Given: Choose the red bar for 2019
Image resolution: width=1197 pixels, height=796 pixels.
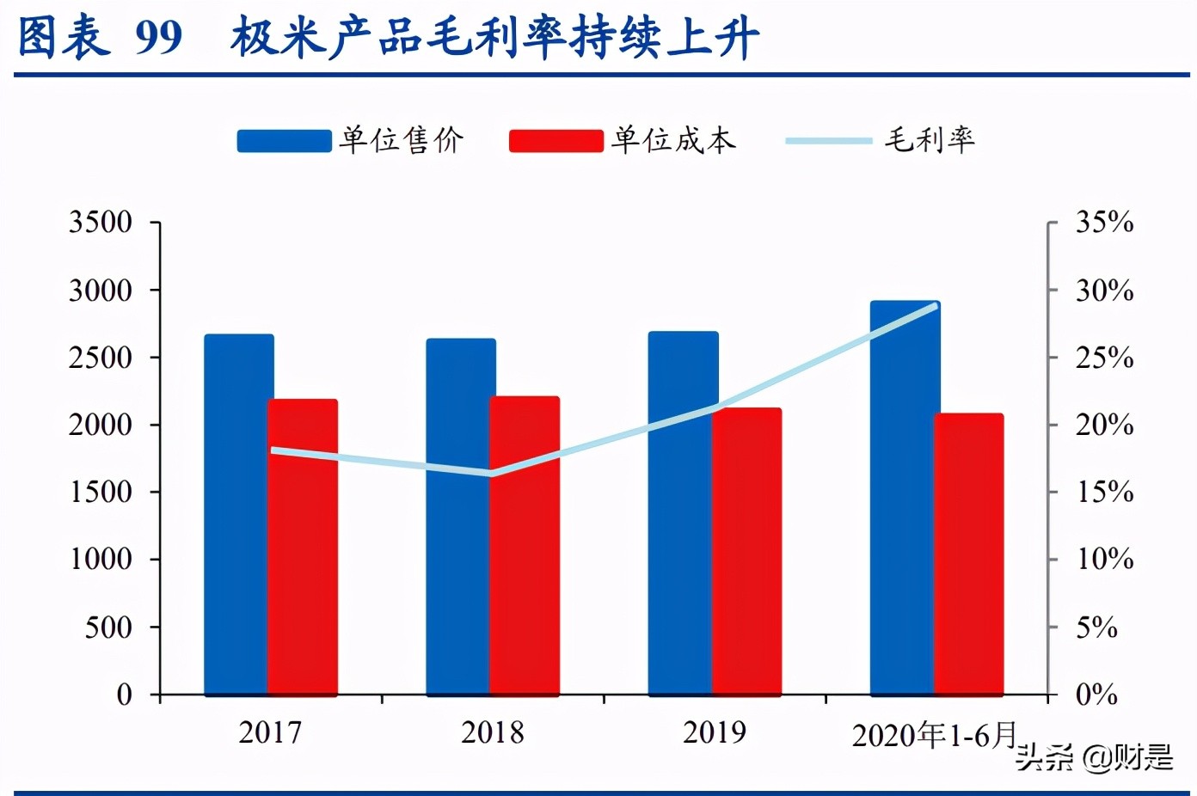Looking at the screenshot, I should click(746, 551).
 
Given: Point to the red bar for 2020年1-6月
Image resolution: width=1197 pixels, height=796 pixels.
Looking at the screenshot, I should click(969, 554).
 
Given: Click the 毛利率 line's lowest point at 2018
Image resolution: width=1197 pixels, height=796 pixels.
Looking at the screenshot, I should click(491, 473).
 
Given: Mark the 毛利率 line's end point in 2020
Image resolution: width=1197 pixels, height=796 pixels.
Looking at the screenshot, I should click(935, 306).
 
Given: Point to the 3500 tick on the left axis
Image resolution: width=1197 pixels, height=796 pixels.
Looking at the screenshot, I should click(101, 223).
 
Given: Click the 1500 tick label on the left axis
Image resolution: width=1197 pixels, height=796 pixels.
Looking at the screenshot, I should click(101, 492).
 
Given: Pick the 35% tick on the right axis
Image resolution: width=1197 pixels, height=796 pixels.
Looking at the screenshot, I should click(1104, 223).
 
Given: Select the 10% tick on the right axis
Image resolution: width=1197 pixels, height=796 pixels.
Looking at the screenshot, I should click(1104, 560).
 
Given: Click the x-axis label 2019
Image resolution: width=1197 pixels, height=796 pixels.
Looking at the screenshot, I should click(714, 732).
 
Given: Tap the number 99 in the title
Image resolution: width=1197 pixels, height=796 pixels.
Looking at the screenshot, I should click(159, 37).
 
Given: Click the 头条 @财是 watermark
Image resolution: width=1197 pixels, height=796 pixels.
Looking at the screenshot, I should click(1094, 757).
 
